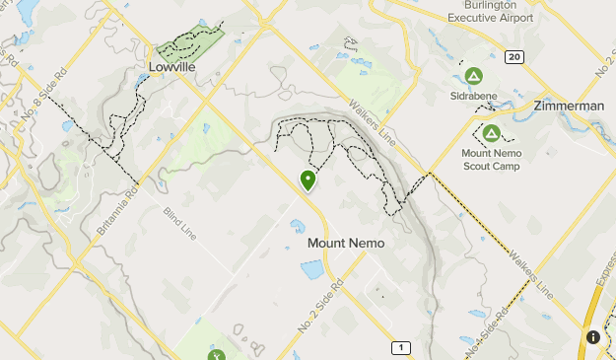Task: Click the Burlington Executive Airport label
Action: [490, 11]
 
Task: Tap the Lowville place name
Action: [171, 67]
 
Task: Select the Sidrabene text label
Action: [473, 96]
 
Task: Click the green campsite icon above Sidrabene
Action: [473, 76]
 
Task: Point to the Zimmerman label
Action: [568, 106]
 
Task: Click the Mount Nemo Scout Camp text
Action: [491, 159]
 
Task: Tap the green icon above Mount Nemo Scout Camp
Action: [491, 133]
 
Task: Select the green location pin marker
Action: [308, 180]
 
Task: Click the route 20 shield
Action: [513, 57]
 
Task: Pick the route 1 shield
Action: [400, 347]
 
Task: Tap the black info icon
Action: [593, 337]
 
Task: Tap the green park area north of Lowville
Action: [187, 43]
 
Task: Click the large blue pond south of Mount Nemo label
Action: [312, 269]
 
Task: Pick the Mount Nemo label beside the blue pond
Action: [345, 243]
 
